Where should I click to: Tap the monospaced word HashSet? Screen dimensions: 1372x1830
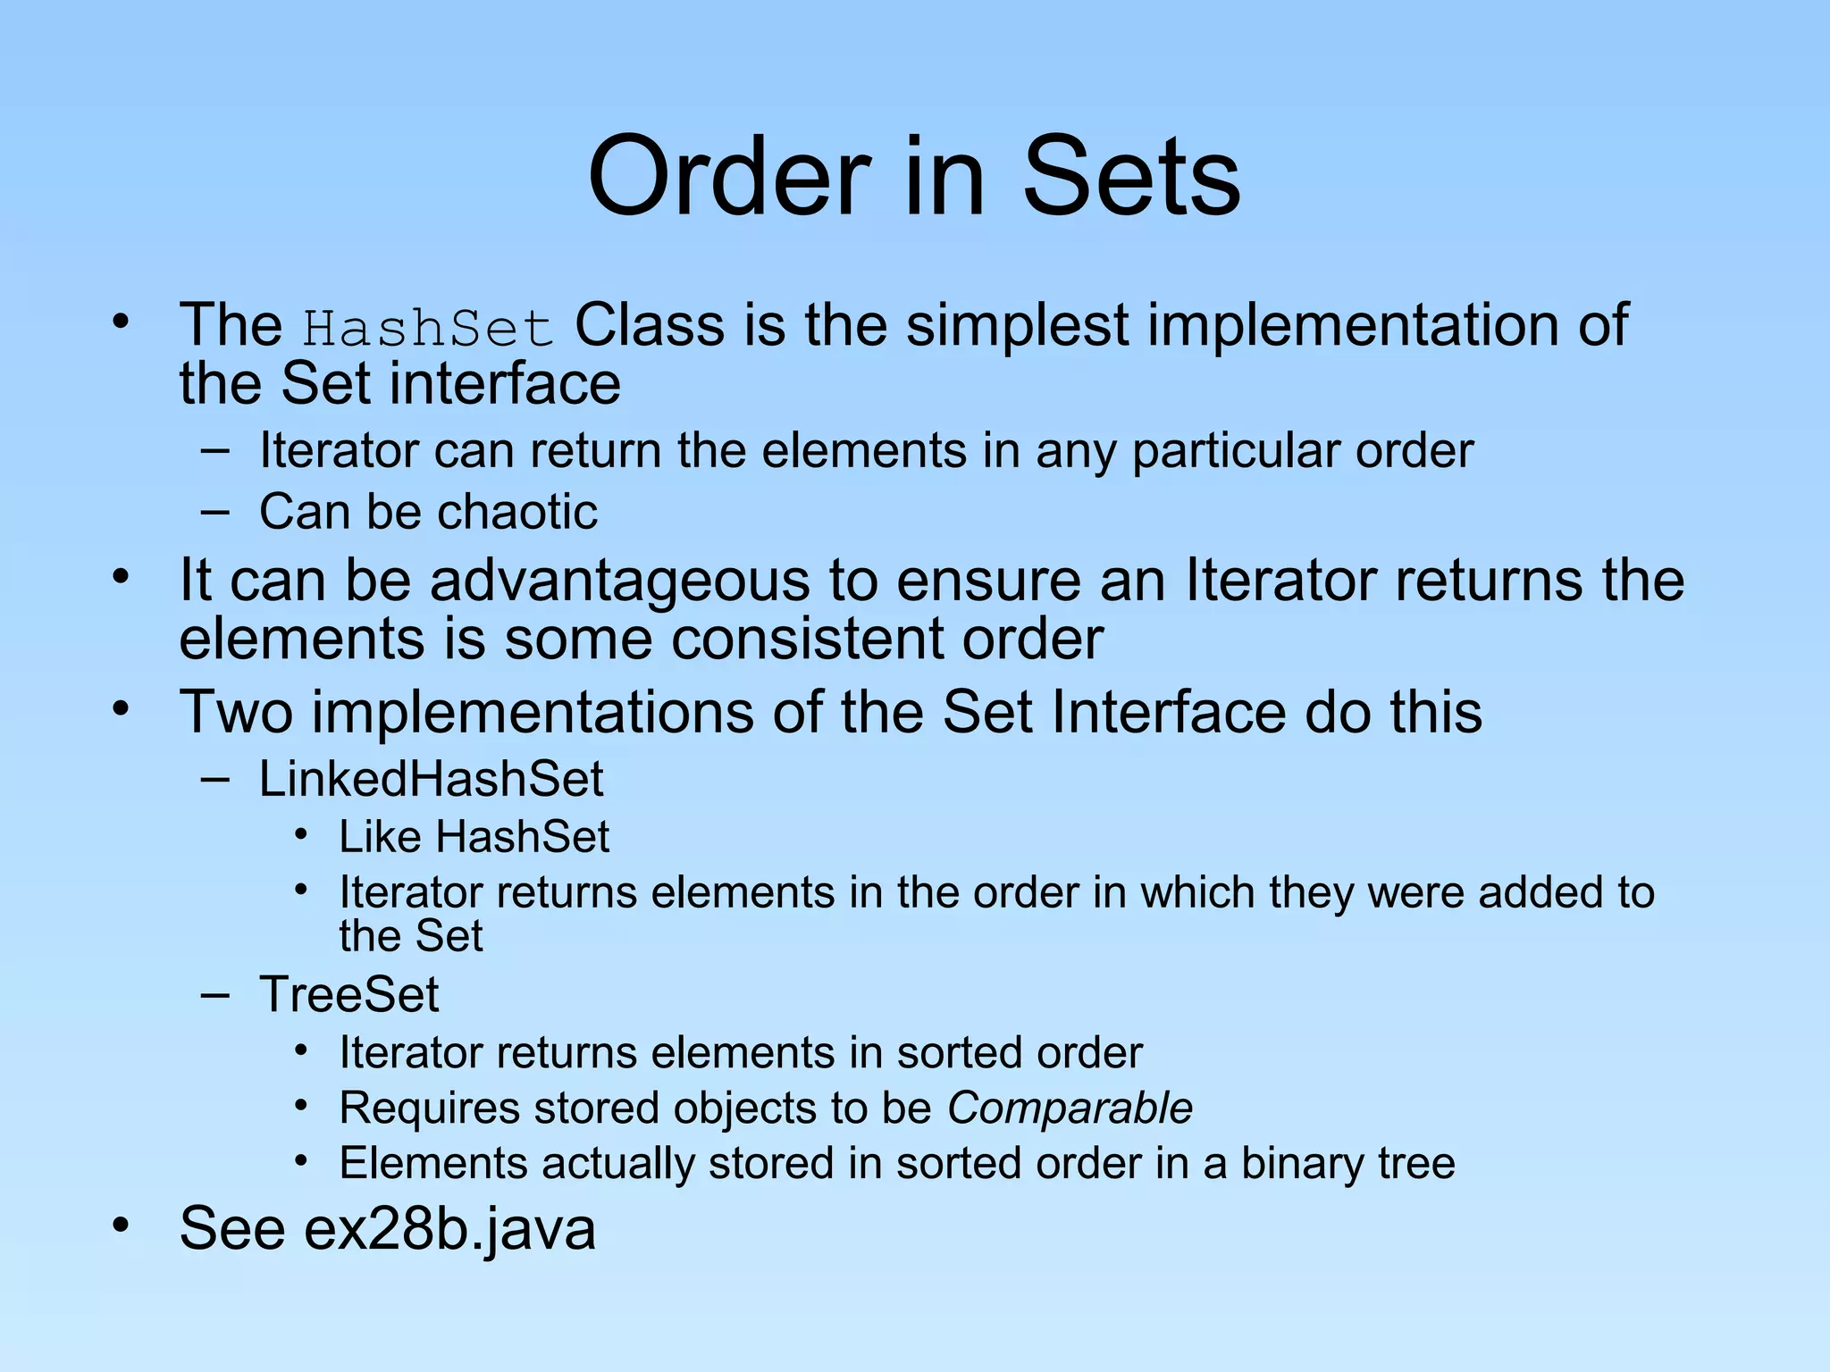428,328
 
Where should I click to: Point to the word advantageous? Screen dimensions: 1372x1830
620,581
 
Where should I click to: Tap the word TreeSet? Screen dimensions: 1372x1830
348,994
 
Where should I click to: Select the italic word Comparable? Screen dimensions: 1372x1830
1070,1108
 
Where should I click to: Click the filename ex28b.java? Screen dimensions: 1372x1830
449,1228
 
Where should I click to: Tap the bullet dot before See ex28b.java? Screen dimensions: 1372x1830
121,1225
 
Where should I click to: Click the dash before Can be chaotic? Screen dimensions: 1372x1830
214,512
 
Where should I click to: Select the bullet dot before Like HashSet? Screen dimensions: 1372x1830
302,834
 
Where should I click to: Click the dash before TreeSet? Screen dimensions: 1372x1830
214,994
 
